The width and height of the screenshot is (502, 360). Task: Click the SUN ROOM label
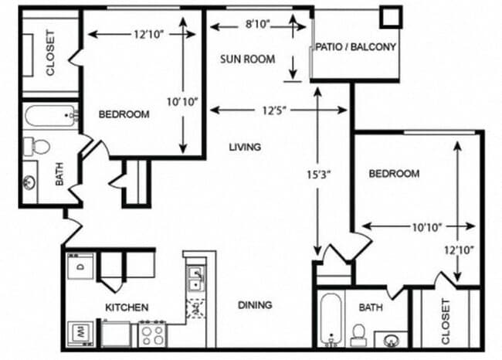(x=247, y=59)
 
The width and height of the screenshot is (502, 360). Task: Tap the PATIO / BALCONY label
(x=355, y=47)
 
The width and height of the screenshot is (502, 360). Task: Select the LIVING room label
(x=245, y=147)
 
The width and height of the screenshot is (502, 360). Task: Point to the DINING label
(x=254, y=305)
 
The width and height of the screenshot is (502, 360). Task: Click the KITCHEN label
(x=127, y=307)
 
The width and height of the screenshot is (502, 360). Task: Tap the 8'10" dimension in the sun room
(x=257, y=25)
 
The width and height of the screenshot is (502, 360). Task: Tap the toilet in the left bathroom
(x=37, y=144)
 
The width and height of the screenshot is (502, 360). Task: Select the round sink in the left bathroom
(x=30, y=182)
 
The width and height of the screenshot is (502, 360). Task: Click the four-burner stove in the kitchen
(x=151, y=335)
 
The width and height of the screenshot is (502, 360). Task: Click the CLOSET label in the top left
(x=51, y=52)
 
